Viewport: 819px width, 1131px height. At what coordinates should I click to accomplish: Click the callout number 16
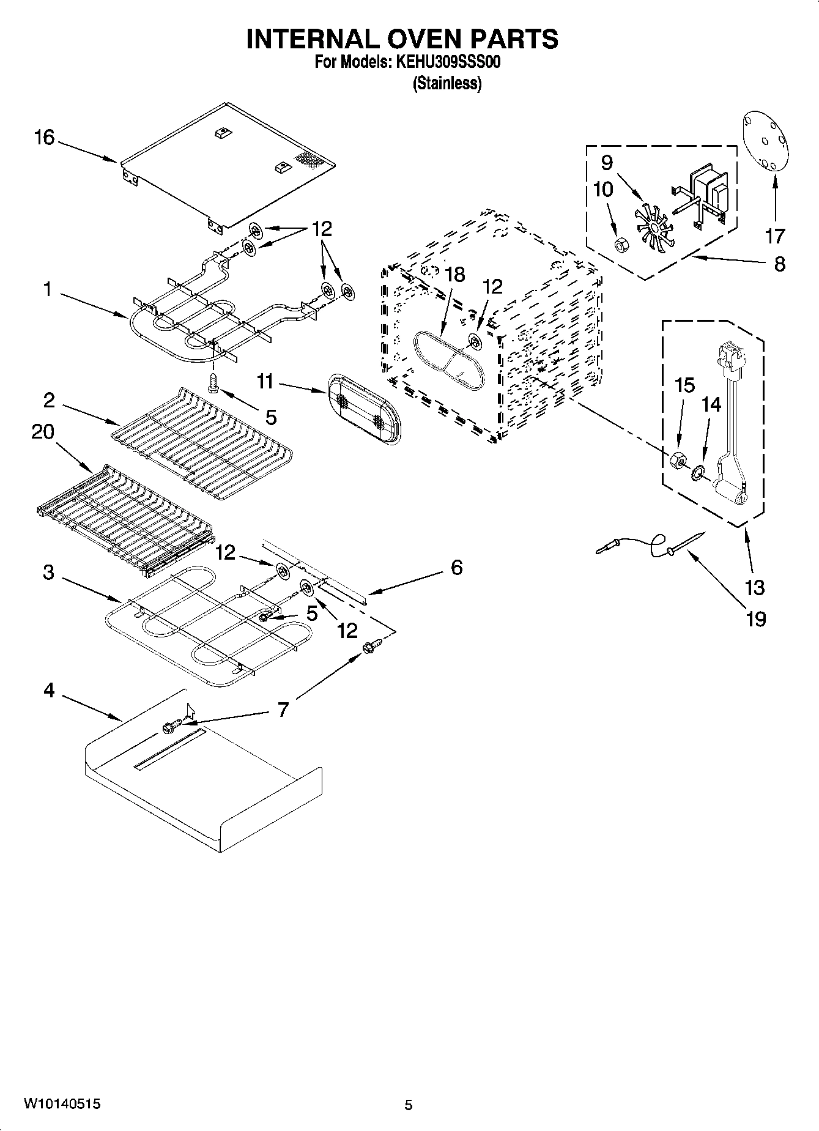tap(44, 138)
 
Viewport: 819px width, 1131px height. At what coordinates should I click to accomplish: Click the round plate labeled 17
tap(766, 142)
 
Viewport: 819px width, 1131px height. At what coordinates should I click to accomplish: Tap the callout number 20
tap(42, 432)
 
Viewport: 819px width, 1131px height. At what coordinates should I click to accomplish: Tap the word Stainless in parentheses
tap(447, 84)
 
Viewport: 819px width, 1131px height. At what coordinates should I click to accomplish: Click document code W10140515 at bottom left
tap(62, 1104)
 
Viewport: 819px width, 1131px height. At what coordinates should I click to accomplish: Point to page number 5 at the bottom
tap(409, 1105)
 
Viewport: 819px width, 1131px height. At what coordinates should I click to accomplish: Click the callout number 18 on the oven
tap(455, 275)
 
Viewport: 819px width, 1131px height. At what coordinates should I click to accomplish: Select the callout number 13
tap(755, 587)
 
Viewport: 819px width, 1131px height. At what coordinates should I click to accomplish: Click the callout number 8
tap(779, 264)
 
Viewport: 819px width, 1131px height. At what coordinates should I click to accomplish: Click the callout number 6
tap(456, 567)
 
